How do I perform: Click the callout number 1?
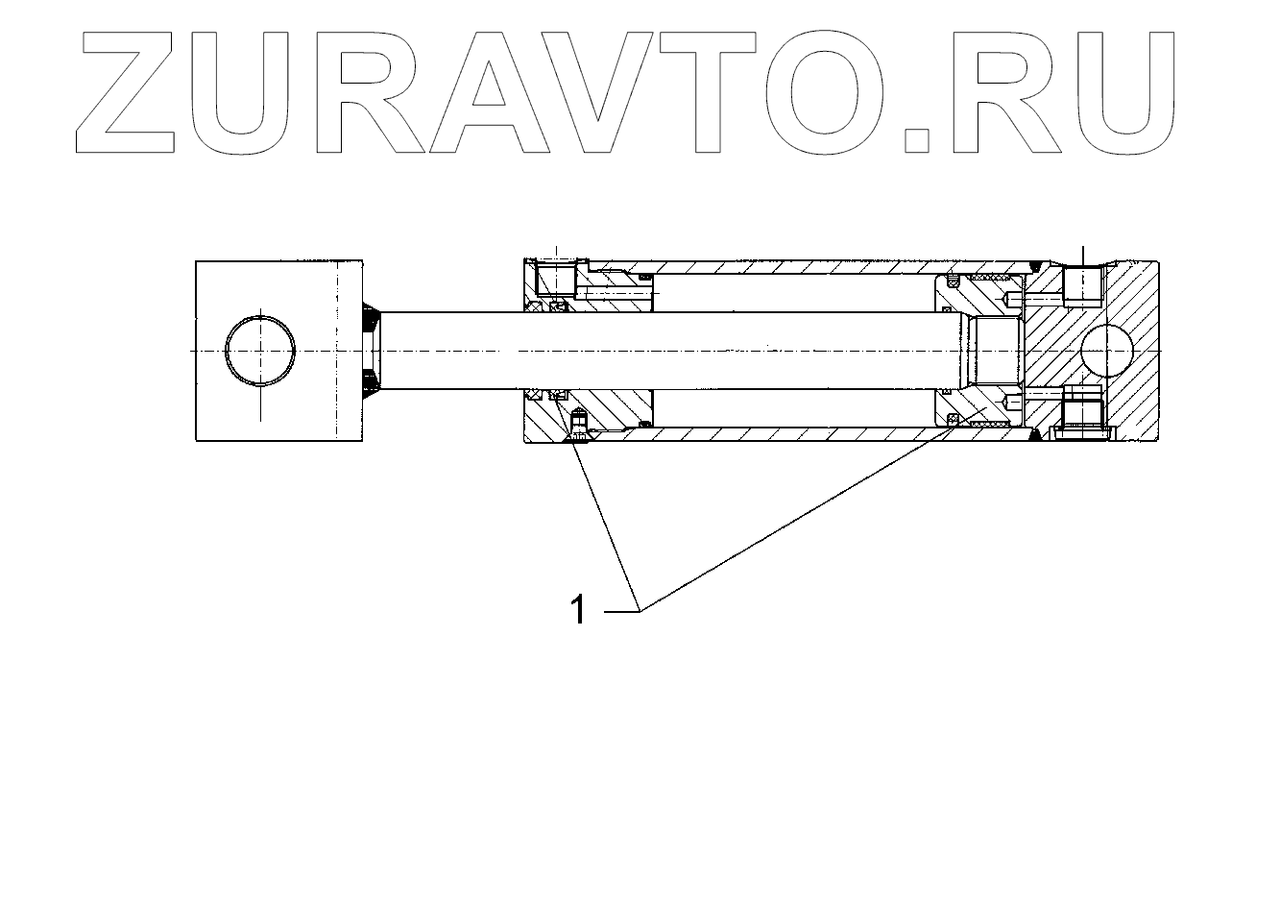[578, 609]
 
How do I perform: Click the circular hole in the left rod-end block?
[260, 351]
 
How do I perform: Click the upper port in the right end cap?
[1082, 285]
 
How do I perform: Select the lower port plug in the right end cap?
[1082, 418]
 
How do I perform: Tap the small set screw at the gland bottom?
[578, 426]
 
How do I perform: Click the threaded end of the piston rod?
[995, 352]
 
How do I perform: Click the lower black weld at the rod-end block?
[372, 385]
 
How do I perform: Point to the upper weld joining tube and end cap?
[1035, 265]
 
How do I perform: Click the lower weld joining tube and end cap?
[1035, 436]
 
